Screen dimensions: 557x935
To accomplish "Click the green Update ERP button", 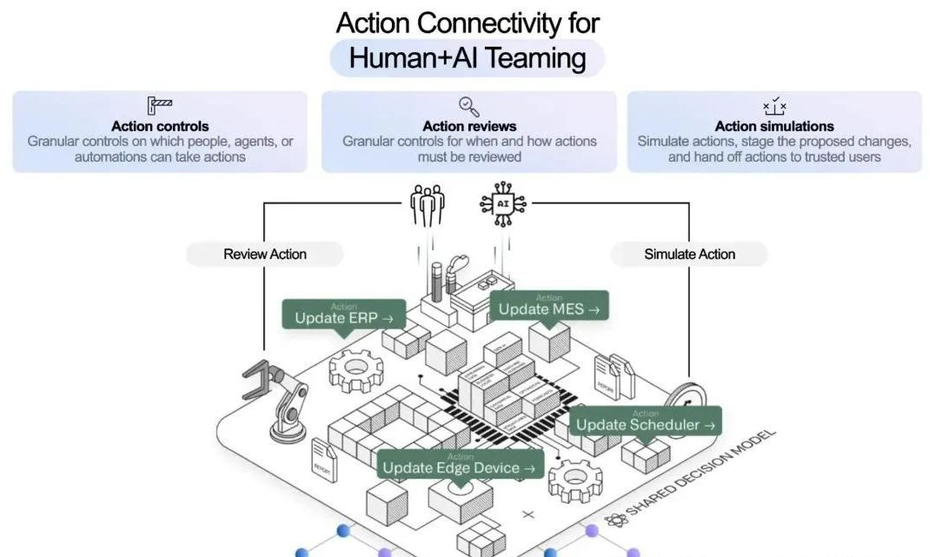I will (344, 315).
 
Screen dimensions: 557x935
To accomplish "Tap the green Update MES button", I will (549, 306).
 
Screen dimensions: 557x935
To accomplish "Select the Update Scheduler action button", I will (646, 422).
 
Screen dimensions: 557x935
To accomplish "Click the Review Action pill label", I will (265, 255).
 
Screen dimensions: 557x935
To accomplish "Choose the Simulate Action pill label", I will (689, 255).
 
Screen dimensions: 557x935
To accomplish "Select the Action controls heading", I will (160, 127).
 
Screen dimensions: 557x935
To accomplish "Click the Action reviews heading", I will (469, 127).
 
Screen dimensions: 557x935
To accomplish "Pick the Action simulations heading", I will (774, 127).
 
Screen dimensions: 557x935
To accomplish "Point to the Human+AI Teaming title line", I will (467, 58).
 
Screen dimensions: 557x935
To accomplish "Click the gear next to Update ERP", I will (356, 369).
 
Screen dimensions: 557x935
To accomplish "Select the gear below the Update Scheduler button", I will (575, 478).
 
